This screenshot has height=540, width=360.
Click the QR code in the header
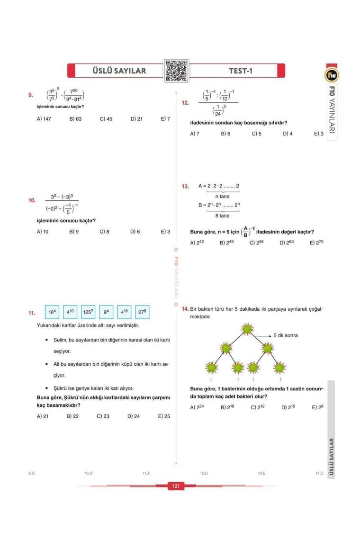coord(175,71)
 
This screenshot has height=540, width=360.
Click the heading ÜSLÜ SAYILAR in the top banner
coord(119,71)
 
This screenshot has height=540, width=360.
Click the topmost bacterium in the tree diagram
coord(246,329)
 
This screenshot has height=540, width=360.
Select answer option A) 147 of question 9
coord(44,119)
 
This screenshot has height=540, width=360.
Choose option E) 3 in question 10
coord(165,232)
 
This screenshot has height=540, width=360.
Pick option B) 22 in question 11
coord(72,416)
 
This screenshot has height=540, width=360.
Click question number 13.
coord(185,186)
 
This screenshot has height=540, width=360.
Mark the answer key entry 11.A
coord(146,473)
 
